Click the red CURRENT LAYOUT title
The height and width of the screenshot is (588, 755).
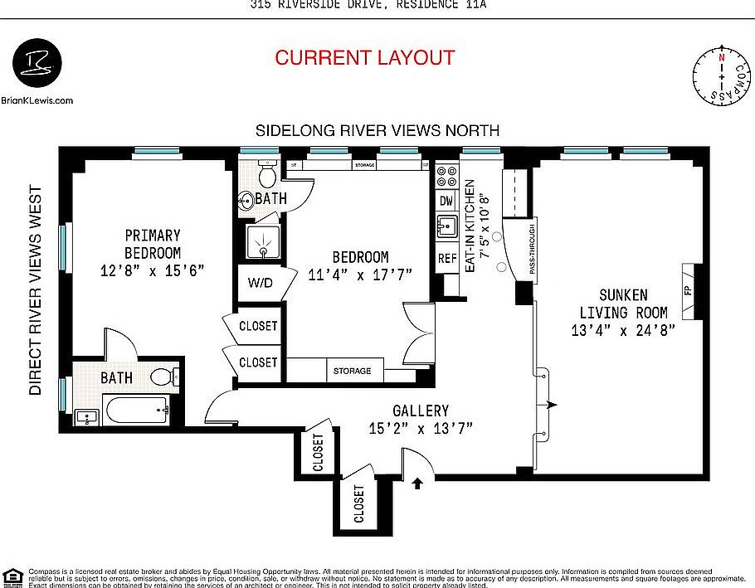tap(365, 58)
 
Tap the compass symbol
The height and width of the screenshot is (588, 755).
tap(721, 76)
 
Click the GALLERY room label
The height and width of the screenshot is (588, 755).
tap(421, 419)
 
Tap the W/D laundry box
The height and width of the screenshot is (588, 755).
tap(261, 282)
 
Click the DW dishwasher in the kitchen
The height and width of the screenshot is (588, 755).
tap(446, 201)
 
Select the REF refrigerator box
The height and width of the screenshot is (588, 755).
tap(447, 258)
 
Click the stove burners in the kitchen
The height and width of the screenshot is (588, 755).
tap(446, 176)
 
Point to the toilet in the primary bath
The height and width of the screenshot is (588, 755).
tap(165, 377)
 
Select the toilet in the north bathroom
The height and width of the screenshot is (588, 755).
tap(268, 175)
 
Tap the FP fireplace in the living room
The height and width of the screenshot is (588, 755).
tap(688, 291)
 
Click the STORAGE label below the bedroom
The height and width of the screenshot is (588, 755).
tap(353, 371)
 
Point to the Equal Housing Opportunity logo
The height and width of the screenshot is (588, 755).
tap(12, 576)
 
